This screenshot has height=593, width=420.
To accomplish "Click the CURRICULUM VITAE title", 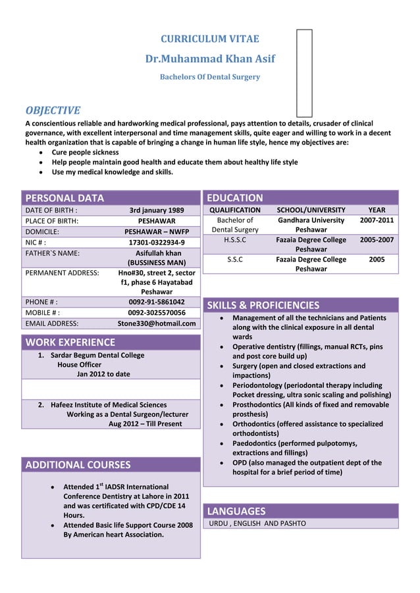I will coord(210,39).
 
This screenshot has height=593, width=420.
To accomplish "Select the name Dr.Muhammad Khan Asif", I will coord(210,59).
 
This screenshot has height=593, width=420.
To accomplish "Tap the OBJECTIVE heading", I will coord(53,110).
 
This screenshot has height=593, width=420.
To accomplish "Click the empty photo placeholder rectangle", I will coord(304,72).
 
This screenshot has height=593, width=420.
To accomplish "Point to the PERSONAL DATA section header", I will coord(65,198).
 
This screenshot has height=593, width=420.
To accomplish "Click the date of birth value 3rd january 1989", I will coord(157,210).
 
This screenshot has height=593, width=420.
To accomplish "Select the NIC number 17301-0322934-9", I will coord(157,242).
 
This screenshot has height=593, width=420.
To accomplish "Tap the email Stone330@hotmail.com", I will coord(157,323).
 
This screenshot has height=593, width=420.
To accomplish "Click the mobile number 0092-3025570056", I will coord(157,312).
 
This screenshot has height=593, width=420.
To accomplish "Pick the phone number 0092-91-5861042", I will coord(157,302).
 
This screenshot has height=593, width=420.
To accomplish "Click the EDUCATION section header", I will coord(235,198).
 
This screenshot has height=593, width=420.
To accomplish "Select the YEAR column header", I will coord(377,210).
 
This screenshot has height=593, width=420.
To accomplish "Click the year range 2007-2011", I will coord(377,220).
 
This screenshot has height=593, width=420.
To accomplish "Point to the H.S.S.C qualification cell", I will coord(235,240).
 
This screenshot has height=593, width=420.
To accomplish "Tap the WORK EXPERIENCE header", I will coord(70,342).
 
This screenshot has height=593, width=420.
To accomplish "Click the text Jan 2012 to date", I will coord(103,374).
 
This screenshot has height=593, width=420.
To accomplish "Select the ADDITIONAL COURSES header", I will coord(78,465).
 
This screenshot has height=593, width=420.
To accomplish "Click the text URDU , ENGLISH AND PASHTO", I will coord(257,524).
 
